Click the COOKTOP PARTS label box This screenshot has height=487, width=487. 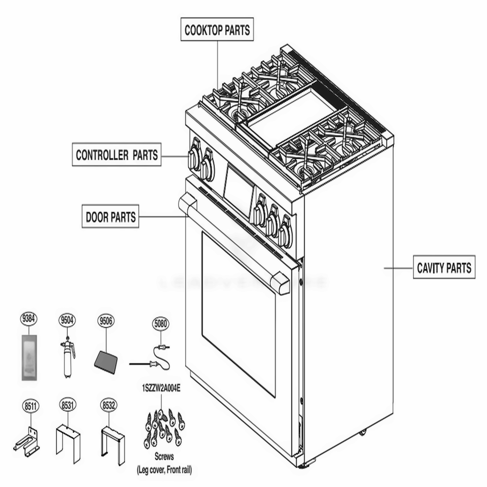(x=217, y=30)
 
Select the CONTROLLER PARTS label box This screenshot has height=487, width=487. (x=117, y=155)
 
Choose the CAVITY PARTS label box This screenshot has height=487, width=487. (x=444, y=267)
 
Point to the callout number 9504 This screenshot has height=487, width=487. (x=67, y=319)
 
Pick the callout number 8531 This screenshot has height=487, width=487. (x=67, y=405)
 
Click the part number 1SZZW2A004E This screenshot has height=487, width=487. (x=161, y=388)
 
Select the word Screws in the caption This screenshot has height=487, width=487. (x=164, y=457)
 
